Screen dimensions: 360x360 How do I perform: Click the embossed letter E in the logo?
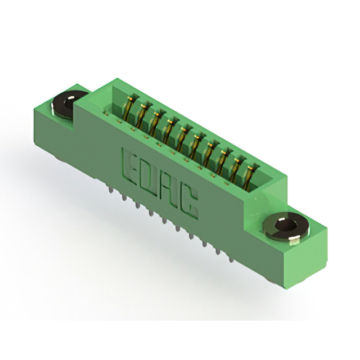(x=130, y=166)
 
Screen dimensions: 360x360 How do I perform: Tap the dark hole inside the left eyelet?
(x=69, y=101)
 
